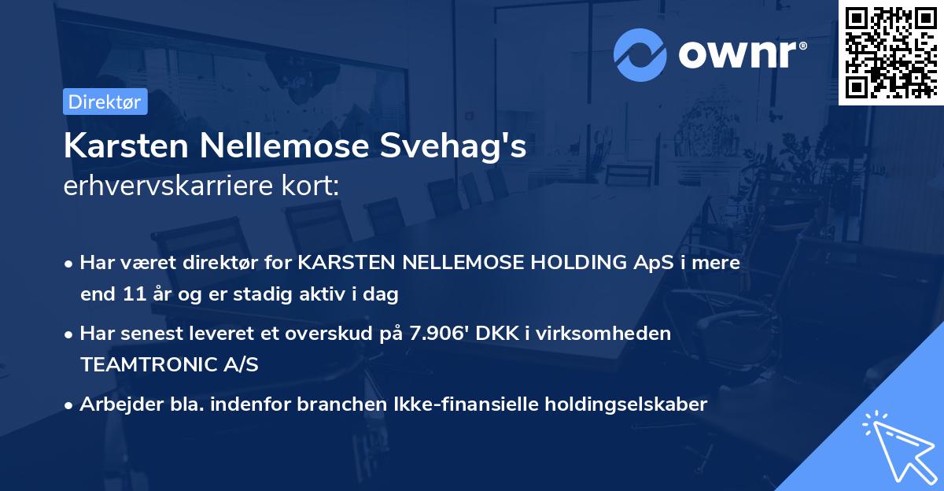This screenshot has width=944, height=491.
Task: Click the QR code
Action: click(891, 52)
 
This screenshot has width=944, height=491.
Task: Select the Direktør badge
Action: click(105, 102)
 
